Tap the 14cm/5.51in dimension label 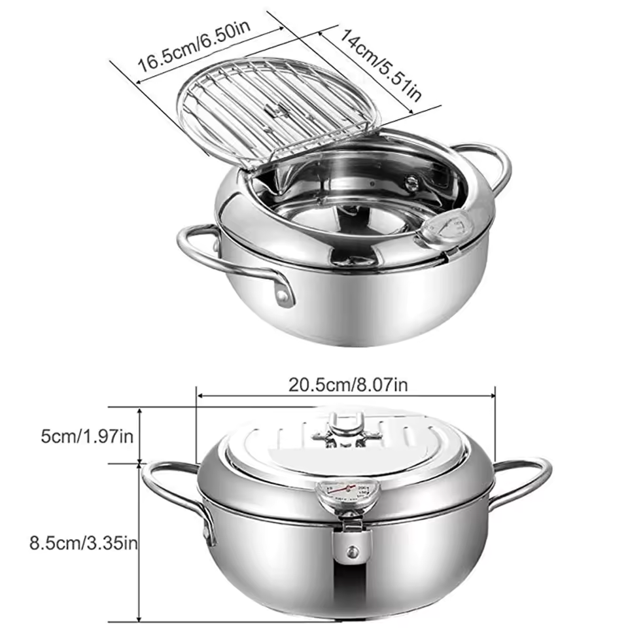[x=381, y=65]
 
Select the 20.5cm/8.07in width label [x=348, y=385]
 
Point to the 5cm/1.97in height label [x=87, y=436]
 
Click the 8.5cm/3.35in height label [x=84, y=544]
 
